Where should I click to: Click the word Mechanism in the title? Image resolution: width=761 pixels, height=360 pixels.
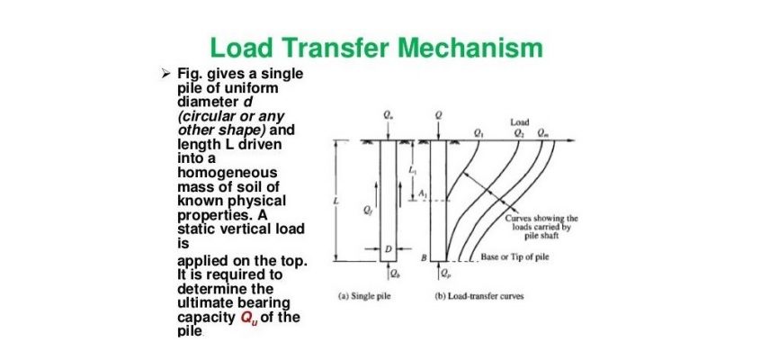(x=470, y=49)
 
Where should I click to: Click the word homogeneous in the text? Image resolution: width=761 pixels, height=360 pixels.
(x=228, y=173)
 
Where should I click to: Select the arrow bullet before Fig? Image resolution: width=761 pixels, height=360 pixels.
(x=166, y=75)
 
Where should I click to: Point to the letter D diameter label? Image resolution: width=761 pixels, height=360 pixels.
(x=388, y=248)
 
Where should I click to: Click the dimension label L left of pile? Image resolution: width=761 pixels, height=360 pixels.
(x=336, y=200)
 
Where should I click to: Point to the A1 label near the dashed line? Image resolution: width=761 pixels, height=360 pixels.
(x=422, y=193)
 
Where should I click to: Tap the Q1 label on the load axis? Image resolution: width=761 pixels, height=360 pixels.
(x=477, y=131)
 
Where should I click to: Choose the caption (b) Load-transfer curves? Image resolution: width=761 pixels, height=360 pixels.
(x=478, y=295)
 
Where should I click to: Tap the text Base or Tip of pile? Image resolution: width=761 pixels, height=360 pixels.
(x=515, y=257)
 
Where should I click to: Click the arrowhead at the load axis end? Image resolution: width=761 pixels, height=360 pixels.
(x=573, y=141)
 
